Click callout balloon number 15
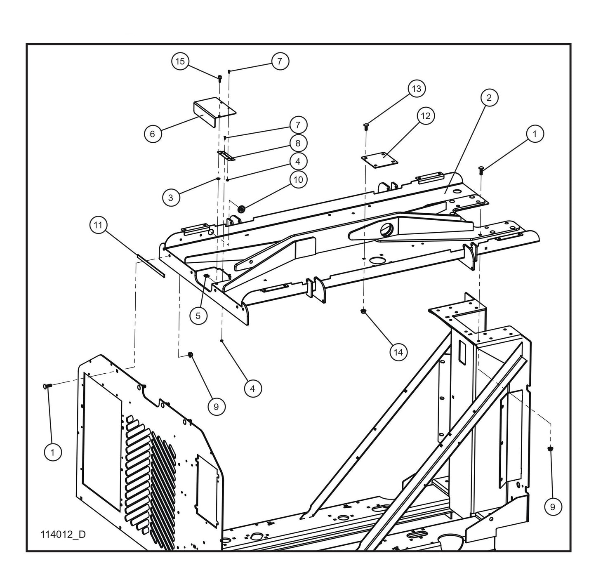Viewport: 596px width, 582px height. pyautogui.click(x=180, y=62)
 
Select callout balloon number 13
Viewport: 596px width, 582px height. pyautogui.click(x=417, y=89)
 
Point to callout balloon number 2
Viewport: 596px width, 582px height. pyautogui.click(x=489, y=98)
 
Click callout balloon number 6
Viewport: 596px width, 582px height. pyautogui.click(x=153, y=134)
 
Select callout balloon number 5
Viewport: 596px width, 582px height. pyautogui.click(x=198, y=316)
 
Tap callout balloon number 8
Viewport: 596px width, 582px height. pyautogui.click(x=298, y=143)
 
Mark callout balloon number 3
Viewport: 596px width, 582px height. pyautogui.click(x=171, y=197)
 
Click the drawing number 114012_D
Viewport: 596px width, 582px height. pyautogui.click(x=63, y=535)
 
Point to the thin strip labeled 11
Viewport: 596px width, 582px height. pyautogui.click(x=151, y=266)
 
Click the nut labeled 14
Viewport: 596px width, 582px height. pyautogui.click(x=363, y=311)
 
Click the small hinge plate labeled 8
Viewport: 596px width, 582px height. pyautogui.click(x=226, y=156)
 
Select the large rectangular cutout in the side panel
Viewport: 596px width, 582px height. pyautogui.click(x=103, y=429)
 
